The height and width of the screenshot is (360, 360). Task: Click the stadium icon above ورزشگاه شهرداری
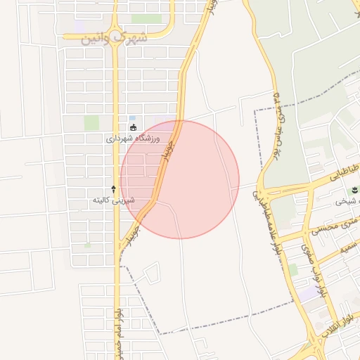pos(134,127)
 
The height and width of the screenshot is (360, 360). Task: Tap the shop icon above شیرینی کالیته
pos(113,189)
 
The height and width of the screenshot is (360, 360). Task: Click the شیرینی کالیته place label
pos(113,200)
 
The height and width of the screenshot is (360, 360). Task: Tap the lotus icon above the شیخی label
pos(353,190)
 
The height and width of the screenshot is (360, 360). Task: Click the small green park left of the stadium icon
pos(91,122)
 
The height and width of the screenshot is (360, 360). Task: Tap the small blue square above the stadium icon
pos(132,117)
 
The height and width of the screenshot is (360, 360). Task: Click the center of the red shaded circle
pos(180,179)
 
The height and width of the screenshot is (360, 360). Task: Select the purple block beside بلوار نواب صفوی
pos(307,293)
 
